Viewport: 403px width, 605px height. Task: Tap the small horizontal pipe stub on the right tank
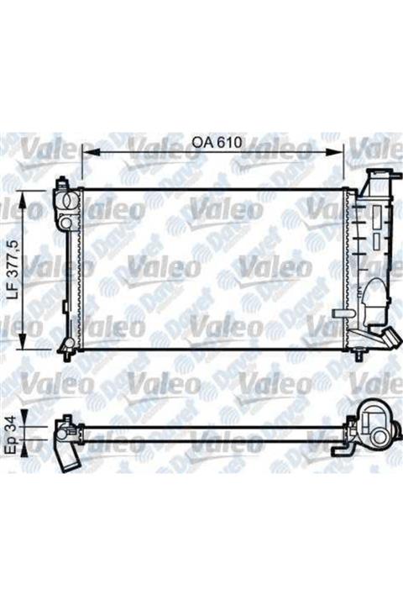point(344,313)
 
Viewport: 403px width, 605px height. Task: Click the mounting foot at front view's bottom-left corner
point(63,345)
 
